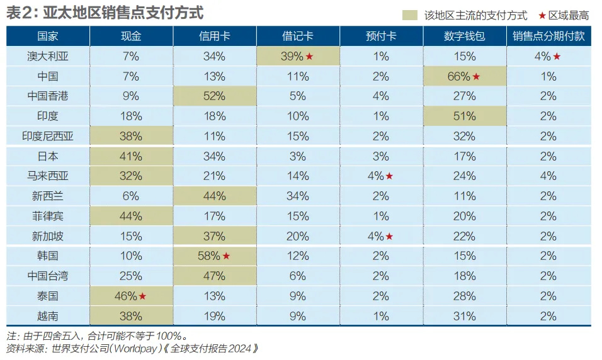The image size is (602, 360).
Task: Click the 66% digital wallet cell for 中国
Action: pos(465,76)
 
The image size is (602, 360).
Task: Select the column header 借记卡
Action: pos(298,37)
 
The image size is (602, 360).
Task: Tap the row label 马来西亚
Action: pos(48,176)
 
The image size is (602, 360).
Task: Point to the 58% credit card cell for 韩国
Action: pos(215,256)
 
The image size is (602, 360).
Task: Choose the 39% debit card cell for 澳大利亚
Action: pos(298,57)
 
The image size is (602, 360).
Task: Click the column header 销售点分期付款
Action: pos(548,37)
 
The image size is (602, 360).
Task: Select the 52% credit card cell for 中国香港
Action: pos(215,96)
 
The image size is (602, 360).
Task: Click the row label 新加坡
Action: pos(48,236)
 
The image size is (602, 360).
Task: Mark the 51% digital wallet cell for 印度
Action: pos(465,116)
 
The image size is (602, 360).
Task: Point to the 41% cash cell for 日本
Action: pos(131,156)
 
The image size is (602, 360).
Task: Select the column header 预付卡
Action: pos(381,37)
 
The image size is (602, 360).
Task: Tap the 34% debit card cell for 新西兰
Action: pos(298,196)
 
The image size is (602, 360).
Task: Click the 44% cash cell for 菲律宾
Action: pos(131,217)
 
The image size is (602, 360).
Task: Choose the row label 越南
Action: pos(48,316)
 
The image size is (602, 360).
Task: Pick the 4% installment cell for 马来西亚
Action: pos(548,176)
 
